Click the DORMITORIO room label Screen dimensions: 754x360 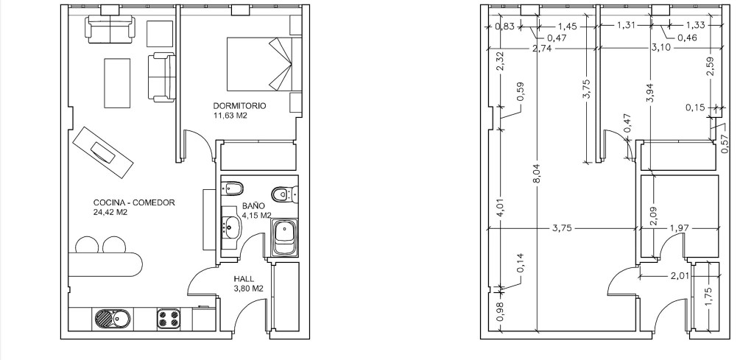pos(239,106)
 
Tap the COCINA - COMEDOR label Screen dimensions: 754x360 pos(134,203)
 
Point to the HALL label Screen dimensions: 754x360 pos(244,279)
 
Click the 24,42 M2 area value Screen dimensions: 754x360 pos(110,212)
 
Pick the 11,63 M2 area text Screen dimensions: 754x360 pos(230,115)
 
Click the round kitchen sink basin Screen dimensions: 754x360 pos(103,318)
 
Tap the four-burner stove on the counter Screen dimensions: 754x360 pos(169,318)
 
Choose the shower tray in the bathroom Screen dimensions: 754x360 pos(285,238)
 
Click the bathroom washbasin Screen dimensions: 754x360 pos(231,226)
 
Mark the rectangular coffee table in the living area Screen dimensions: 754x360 pos(117,83)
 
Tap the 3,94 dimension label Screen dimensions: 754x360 pos(650,91)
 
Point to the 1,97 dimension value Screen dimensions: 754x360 pos(679,228)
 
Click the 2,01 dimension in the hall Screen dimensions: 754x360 pos(680,276)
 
